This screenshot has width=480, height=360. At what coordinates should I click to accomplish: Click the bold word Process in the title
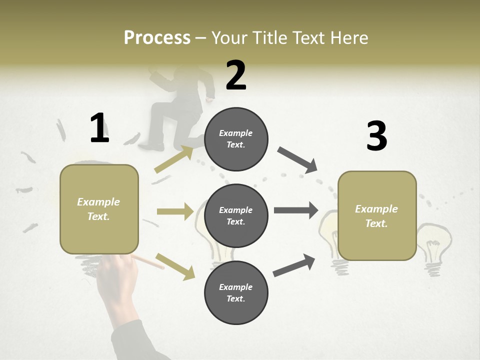point(157,38)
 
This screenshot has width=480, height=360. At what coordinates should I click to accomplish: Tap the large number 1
point(99,128)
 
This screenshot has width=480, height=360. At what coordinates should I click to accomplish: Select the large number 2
point(236,75)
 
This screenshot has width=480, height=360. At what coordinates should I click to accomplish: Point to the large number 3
point(376,136)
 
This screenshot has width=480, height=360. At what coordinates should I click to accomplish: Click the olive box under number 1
point(99,209)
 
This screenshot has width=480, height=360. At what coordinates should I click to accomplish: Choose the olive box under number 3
point(377,215)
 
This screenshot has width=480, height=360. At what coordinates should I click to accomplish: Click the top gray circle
point(236,139)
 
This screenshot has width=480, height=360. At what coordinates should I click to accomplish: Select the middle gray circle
point(236,215)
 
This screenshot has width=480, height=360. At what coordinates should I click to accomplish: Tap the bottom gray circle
point(236,292)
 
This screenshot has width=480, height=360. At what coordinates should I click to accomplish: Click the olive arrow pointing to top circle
point(174,159)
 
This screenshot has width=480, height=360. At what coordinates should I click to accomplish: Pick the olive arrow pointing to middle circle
point(175,211)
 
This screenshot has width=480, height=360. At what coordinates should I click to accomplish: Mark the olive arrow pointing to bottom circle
point(175,266)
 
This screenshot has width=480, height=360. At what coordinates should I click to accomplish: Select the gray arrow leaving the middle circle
point(296,210)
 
